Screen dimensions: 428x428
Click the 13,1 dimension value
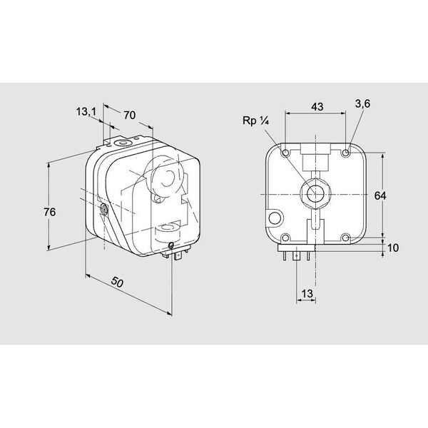tap(86, 112)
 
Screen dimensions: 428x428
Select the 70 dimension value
tap(129, 115)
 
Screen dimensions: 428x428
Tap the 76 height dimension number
tap(50, 212)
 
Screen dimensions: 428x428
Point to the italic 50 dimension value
tap(118, 282)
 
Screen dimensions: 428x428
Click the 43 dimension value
tap(317, 107)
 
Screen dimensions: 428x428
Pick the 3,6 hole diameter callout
tap(362, 103)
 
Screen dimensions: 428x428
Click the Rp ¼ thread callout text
tap(256, 121)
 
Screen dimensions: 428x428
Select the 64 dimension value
tap(380, 195)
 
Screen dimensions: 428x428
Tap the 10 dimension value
tap(393, 248)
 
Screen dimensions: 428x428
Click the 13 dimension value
tap(307, 294)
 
